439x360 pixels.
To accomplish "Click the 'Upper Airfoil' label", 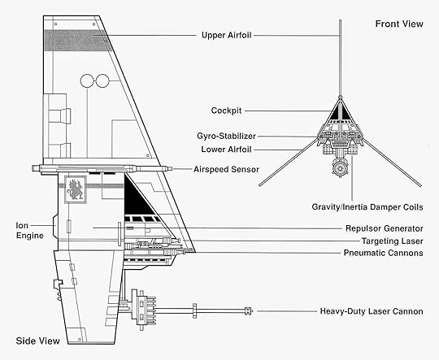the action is click(x=226, y=36).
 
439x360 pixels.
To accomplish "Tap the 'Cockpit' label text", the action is click(x=226, y=111).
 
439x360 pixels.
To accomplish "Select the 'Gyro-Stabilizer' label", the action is click(x=226, y=137).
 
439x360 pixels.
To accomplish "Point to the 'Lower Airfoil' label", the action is click(x=226, y=150).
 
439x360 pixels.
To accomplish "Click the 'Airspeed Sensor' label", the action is click(x=226, y=169).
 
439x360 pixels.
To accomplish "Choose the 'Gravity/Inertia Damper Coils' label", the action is click(x=367, y=207).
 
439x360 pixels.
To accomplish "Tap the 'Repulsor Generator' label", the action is click(x=384, y=228).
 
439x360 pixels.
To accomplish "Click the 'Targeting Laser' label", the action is click(x=392, y=241).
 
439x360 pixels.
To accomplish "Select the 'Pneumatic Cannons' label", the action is click(x=383, y=253).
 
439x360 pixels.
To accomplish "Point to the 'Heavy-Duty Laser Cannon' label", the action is click(x=372, y=311).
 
